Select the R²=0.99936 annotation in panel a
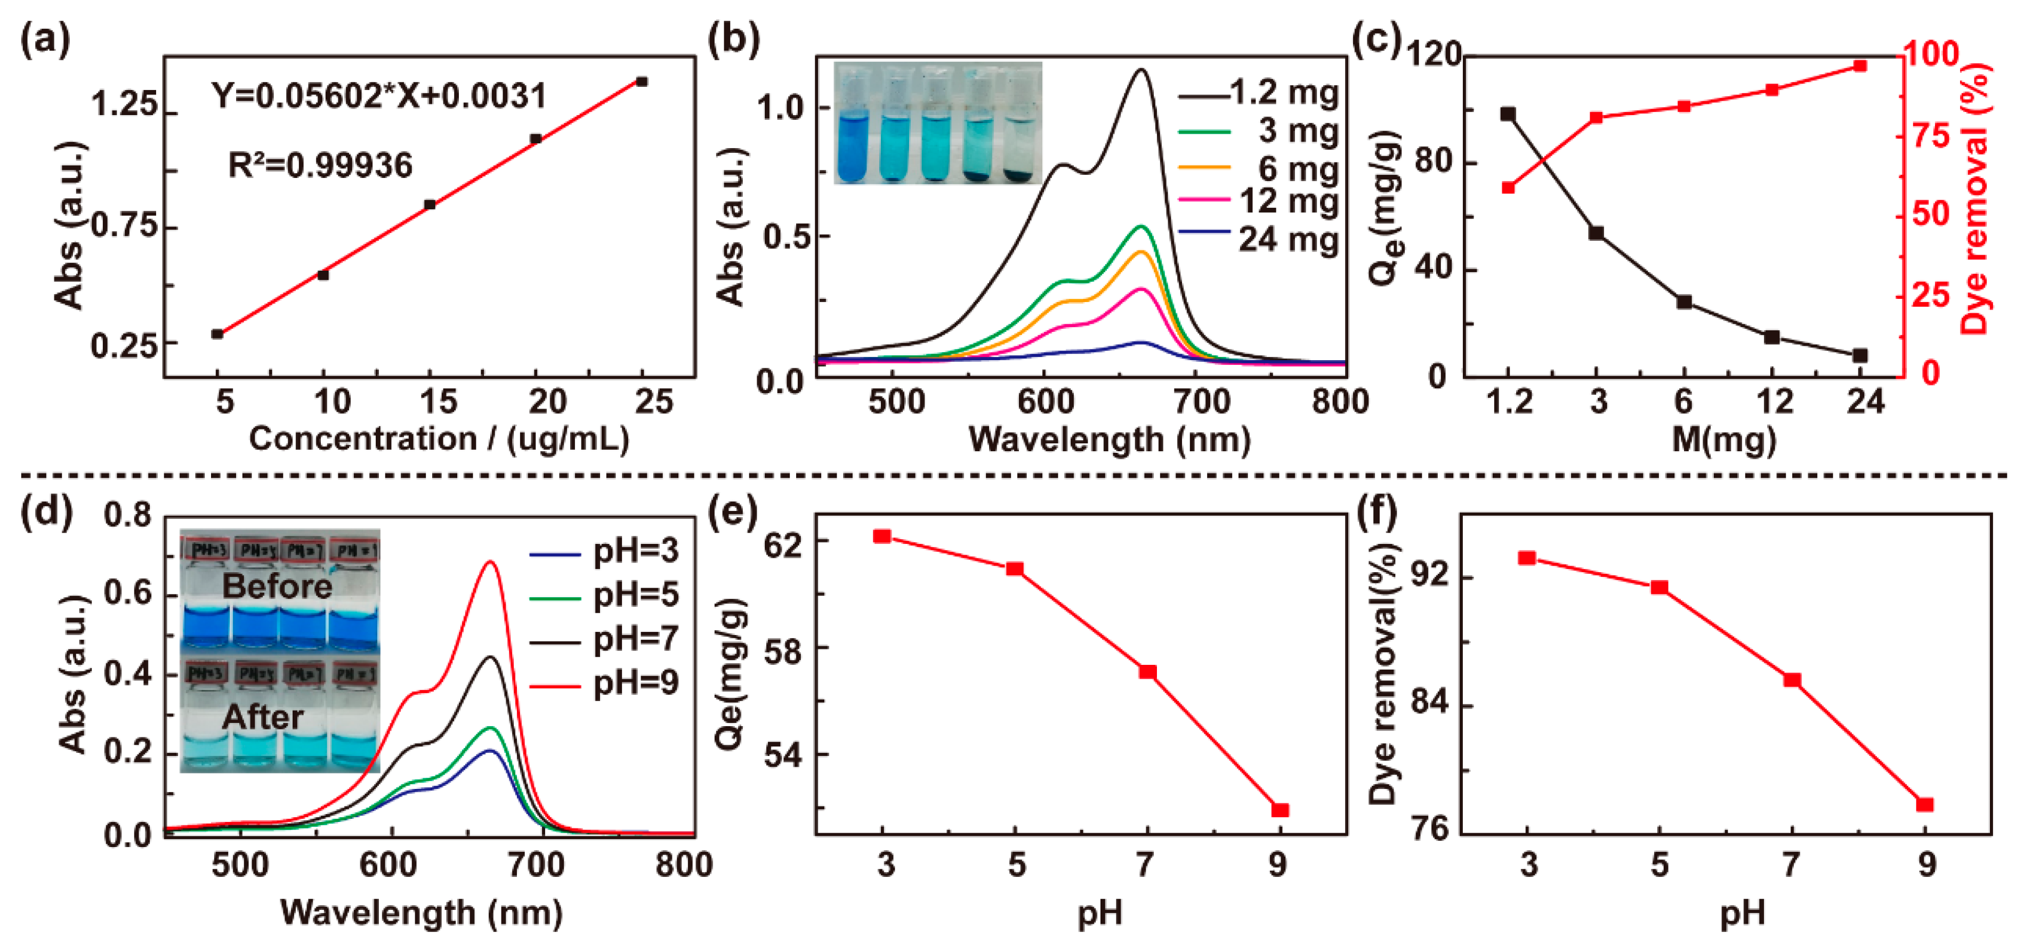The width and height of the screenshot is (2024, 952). (320, 166)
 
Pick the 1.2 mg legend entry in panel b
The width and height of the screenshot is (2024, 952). (1282, 93)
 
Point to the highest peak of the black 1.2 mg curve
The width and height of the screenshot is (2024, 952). (1141, 70)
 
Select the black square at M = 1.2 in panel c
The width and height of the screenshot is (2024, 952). (1508, 115)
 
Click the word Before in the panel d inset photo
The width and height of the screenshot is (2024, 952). (277, 586)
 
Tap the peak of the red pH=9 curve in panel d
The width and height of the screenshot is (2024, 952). (491, 562)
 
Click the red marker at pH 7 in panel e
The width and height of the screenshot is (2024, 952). (1147, 672)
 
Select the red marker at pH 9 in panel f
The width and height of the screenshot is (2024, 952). (1925, 805)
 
